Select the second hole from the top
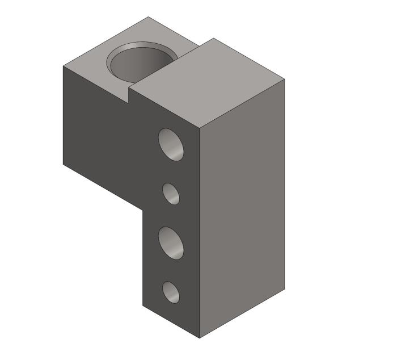tap(171, 193)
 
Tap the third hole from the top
tap(171, 243)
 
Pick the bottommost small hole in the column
tap(171, 292)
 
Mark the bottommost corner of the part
tap(200, 338)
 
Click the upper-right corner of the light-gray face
tap(284, 79)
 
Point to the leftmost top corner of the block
tap(63, 66)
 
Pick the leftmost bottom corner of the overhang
tap(63, 164)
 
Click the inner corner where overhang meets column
tap(142, 209)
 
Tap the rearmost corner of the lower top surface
tap(149, 17)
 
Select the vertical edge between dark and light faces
tap(200, 227)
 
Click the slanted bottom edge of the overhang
tap(102, 186)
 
